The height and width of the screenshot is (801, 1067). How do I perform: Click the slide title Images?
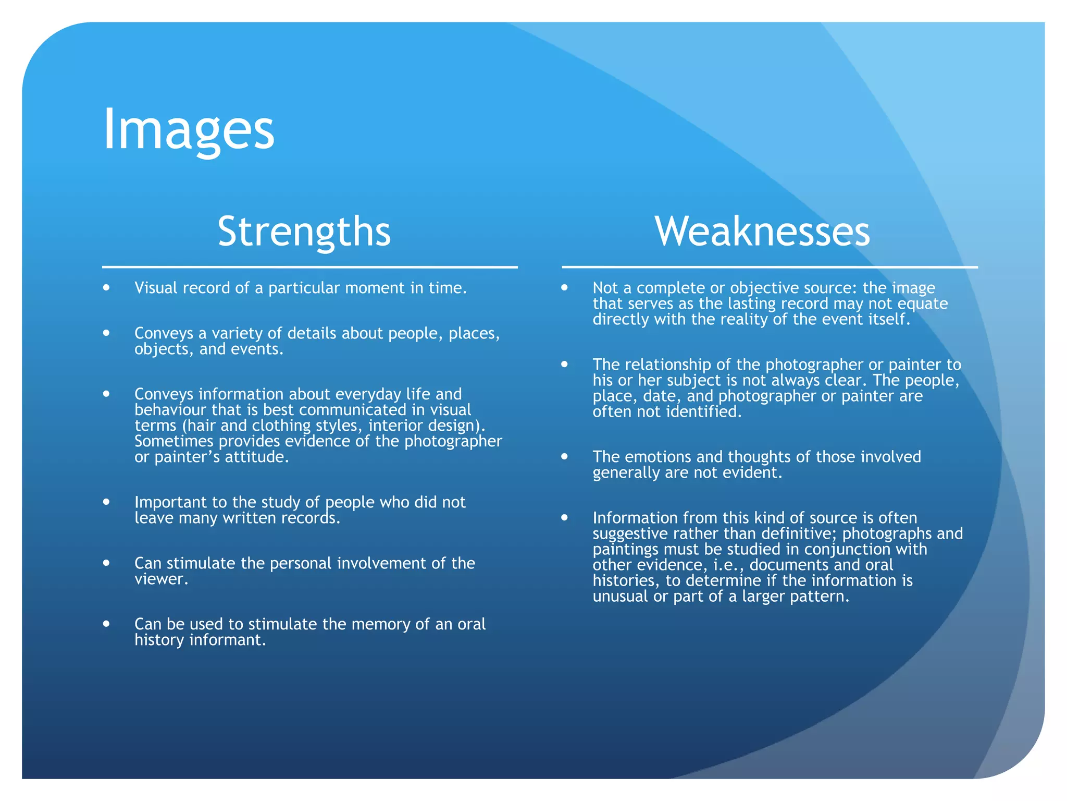click(189, 129)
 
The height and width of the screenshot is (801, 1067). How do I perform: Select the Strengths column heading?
click(304, 232)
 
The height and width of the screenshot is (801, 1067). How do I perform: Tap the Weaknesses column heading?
click(762, 232)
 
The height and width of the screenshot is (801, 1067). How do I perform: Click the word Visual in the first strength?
click(155, 288)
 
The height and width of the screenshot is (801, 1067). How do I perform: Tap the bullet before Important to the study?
click(107, 502)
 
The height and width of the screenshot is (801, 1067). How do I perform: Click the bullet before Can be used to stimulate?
click(107, 623)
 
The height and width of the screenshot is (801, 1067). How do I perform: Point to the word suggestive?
click(630, 533)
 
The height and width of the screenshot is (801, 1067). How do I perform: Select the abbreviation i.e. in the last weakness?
click(727, 565)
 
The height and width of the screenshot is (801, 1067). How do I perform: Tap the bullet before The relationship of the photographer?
click(564, 364)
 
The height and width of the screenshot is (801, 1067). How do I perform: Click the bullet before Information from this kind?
click(564, 517)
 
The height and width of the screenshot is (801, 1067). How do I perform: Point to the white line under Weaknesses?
click(770, 267)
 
